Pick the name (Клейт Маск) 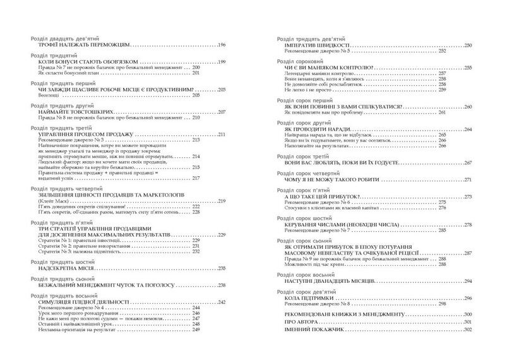click(52, 201)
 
